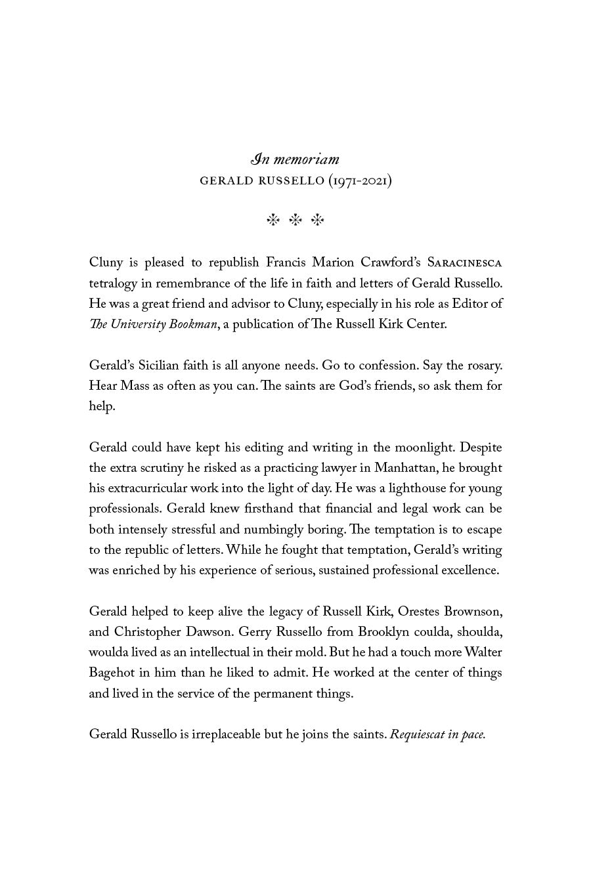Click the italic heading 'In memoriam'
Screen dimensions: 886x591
[295, 159]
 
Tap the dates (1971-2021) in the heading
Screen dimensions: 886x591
[360, 180]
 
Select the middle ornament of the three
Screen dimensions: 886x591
[295, 221]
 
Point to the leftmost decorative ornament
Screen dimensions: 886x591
[273, 221]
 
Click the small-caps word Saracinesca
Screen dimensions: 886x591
[464, 263]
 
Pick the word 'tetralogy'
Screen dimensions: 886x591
[112, 284]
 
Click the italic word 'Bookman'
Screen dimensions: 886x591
[193, 324]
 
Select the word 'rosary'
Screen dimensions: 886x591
[483, 366]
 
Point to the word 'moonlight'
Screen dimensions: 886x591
[424, 448]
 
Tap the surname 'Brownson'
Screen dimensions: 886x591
[473, 612]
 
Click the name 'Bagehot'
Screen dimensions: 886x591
[112, 673]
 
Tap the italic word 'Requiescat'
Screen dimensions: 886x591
[417, 734]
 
